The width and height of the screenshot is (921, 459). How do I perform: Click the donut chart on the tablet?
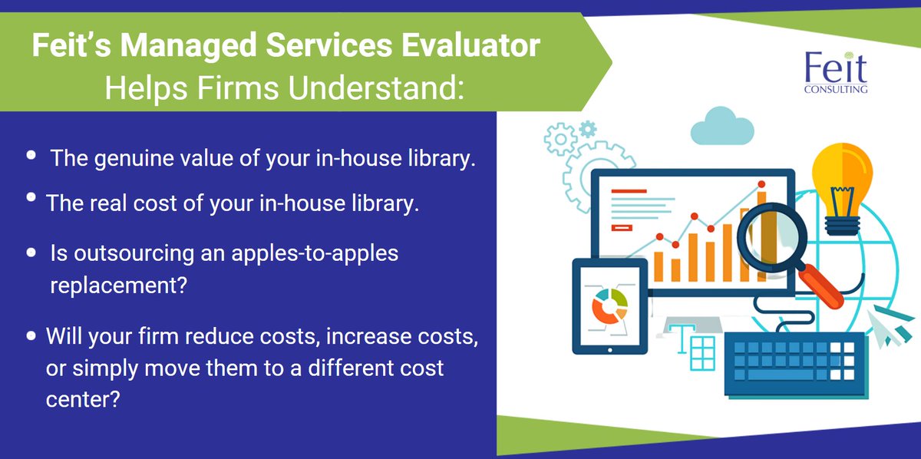click(x=609, y=305)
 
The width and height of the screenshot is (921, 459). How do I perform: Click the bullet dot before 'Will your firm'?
click(x=31, y=336)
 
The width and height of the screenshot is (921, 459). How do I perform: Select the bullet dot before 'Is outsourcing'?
click(x=31, y=253)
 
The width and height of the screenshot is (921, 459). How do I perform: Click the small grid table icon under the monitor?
click(x=701, y=352)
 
